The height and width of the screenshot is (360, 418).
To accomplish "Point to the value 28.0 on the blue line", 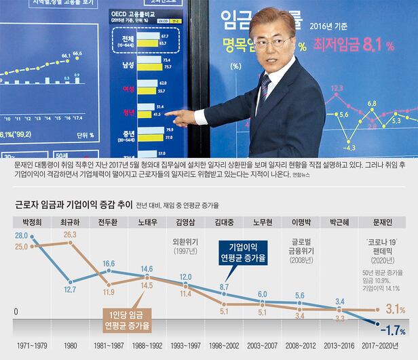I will coord(20,235).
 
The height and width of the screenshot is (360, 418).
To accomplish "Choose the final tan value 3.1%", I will coord(396,309).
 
